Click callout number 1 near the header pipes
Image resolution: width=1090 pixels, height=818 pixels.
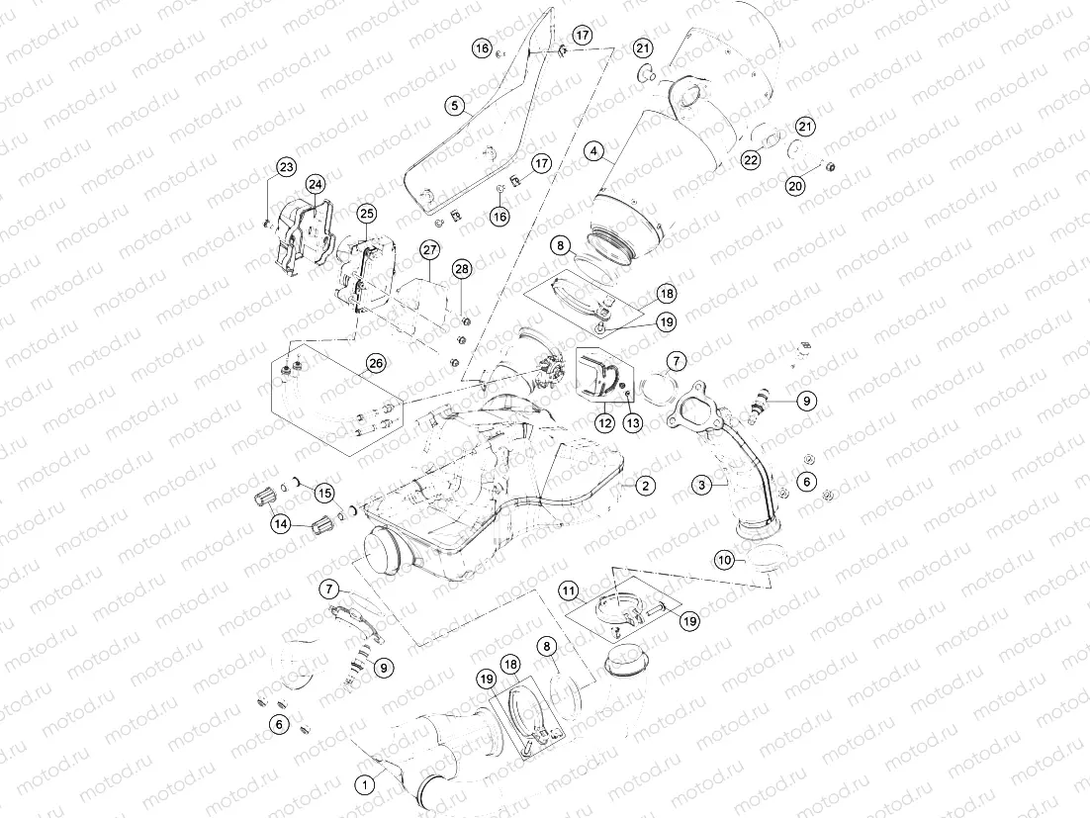[364, 785]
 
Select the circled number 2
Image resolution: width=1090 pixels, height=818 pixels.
[645, 486]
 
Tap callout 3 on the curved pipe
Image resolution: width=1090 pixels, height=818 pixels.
[702, 485]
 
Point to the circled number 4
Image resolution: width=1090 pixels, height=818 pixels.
[593, 150]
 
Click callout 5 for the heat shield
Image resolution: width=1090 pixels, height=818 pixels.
[455, 106]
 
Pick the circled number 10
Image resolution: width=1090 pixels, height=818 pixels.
[725, 560]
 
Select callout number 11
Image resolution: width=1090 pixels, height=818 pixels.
[570, 591]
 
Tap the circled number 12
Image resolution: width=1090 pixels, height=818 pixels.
[604, 422]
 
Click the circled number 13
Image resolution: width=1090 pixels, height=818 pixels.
[633, 422]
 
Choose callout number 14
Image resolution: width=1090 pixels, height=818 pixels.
[281, 524]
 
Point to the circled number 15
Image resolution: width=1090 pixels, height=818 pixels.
[324, 494]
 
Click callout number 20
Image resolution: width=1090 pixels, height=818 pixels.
[795, 186]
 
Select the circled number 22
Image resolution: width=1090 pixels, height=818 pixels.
[751, 160]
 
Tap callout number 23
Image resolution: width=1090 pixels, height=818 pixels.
[287, 167]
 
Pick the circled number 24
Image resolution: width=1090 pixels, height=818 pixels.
[316, 184]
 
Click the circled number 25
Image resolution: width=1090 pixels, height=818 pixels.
[367, 213]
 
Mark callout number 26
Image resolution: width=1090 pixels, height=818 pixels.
[376, 363]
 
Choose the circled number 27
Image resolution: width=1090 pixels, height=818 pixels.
[430, 250]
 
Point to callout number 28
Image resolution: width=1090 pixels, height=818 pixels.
[462, 270]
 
